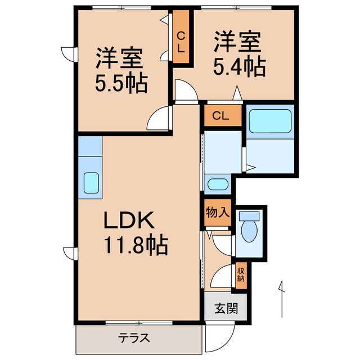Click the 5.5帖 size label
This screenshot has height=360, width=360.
pos(120,84)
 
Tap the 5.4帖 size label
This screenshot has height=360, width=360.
pos(238,67)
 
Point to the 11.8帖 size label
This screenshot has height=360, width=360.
pos(134,245)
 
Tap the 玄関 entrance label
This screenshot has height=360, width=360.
pos(225,308)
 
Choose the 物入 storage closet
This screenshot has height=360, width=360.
pos(217,213)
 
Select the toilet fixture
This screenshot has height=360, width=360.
pos(249,229)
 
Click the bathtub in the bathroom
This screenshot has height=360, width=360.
pos(269,120)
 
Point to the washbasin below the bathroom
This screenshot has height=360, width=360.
pos(217,184)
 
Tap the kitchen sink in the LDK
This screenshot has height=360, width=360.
pos(91,182)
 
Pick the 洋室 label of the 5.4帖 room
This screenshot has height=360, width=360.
pos(237,42)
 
